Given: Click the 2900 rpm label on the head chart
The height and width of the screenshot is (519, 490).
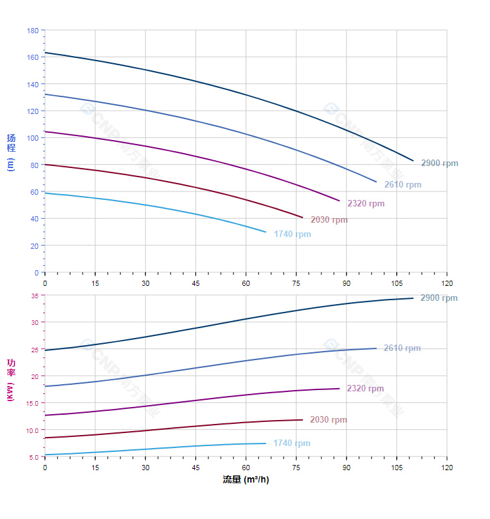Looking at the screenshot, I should (439, 163).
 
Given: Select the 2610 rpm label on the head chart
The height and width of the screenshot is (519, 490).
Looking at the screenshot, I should (402, 185).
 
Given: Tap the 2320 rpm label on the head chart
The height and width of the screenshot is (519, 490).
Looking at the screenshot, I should (366, 204).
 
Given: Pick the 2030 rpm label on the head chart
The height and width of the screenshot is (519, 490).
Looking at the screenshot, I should (329, 220).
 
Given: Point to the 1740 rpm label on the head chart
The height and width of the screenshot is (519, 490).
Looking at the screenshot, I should (293, 234).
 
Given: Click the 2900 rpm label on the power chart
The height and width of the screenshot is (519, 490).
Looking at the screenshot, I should (439, 298).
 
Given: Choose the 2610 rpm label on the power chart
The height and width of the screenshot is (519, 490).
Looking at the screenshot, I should (402, 348).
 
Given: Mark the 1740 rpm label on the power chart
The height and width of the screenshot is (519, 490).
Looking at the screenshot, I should (292, 443).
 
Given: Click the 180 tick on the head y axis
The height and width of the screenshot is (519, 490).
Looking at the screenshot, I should (33, 31).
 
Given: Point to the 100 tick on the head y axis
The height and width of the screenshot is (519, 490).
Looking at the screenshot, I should (33, 138).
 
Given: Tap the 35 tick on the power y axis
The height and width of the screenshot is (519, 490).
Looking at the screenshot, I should (35, 296).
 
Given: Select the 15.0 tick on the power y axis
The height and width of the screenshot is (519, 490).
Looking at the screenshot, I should (33, 403).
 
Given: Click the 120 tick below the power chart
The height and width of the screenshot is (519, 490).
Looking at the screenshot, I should (447, 468).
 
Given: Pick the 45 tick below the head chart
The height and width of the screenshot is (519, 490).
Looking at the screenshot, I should (195, 283).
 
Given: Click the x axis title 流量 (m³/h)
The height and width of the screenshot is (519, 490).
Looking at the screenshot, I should (246, 480).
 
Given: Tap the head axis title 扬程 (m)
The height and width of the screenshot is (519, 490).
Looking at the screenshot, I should (10, 151).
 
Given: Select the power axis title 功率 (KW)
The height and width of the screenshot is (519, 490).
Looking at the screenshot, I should (10, 380).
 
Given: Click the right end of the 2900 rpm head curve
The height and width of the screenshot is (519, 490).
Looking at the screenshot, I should (413, 160).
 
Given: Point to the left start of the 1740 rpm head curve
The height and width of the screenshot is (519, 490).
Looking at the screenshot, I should (45, 193).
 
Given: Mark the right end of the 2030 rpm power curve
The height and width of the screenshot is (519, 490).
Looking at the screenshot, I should (302, 419).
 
